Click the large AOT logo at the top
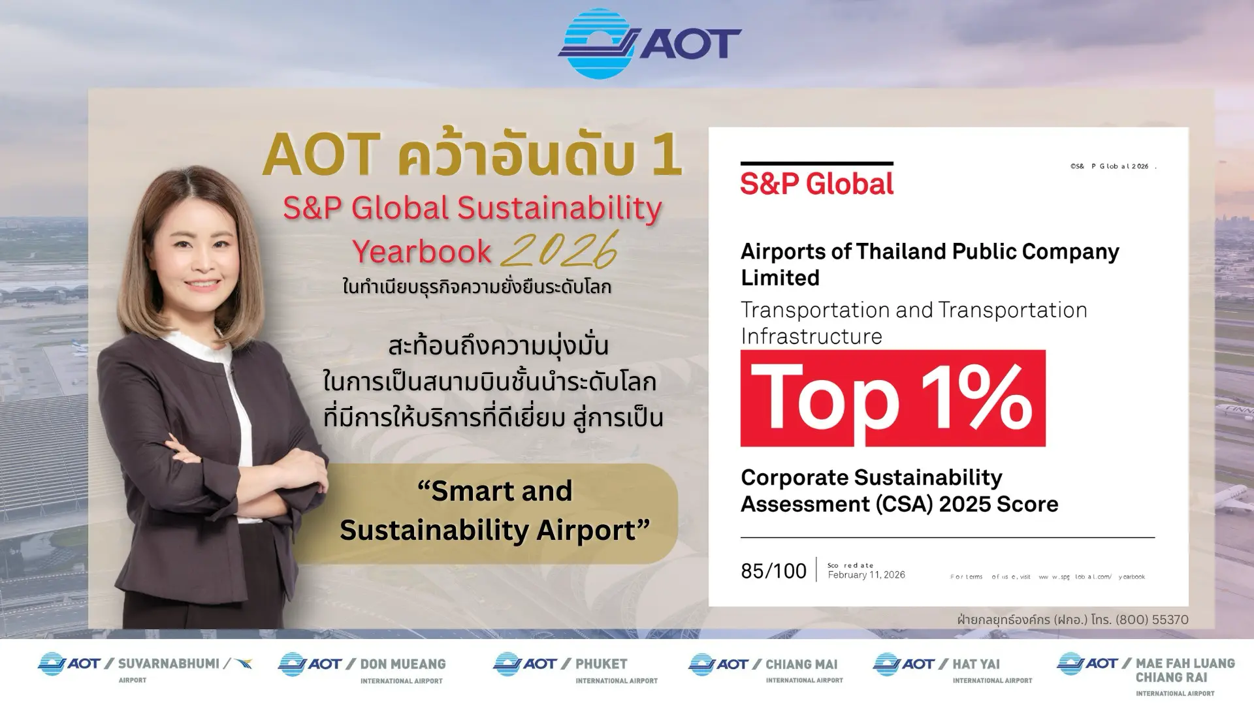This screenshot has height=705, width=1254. coord(649,44)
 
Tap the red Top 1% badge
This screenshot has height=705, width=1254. coord(893,398)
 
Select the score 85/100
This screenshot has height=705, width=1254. coord(773,571)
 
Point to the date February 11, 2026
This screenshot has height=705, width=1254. coord(866,575)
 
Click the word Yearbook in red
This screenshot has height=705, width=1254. coord(421,251)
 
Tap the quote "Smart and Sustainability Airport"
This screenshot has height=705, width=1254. coord(495,510)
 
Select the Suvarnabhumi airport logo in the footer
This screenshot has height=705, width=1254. coord(145,667)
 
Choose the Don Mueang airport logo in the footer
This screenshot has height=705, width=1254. coord(362,668)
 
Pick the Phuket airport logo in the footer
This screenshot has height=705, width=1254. coord(575,668)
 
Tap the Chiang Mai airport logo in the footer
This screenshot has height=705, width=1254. coord(765,668)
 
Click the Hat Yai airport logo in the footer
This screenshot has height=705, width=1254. coord(952,668)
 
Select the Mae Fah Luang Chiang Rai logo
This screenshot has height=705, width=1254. coord(1146,674)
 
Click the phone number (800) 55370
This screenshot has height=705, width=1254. coord(1152,619)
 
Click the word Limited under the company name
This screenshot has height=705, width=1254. coord(780,278)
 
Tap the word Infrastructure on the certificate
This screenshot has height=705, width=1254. coord(811,336)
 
